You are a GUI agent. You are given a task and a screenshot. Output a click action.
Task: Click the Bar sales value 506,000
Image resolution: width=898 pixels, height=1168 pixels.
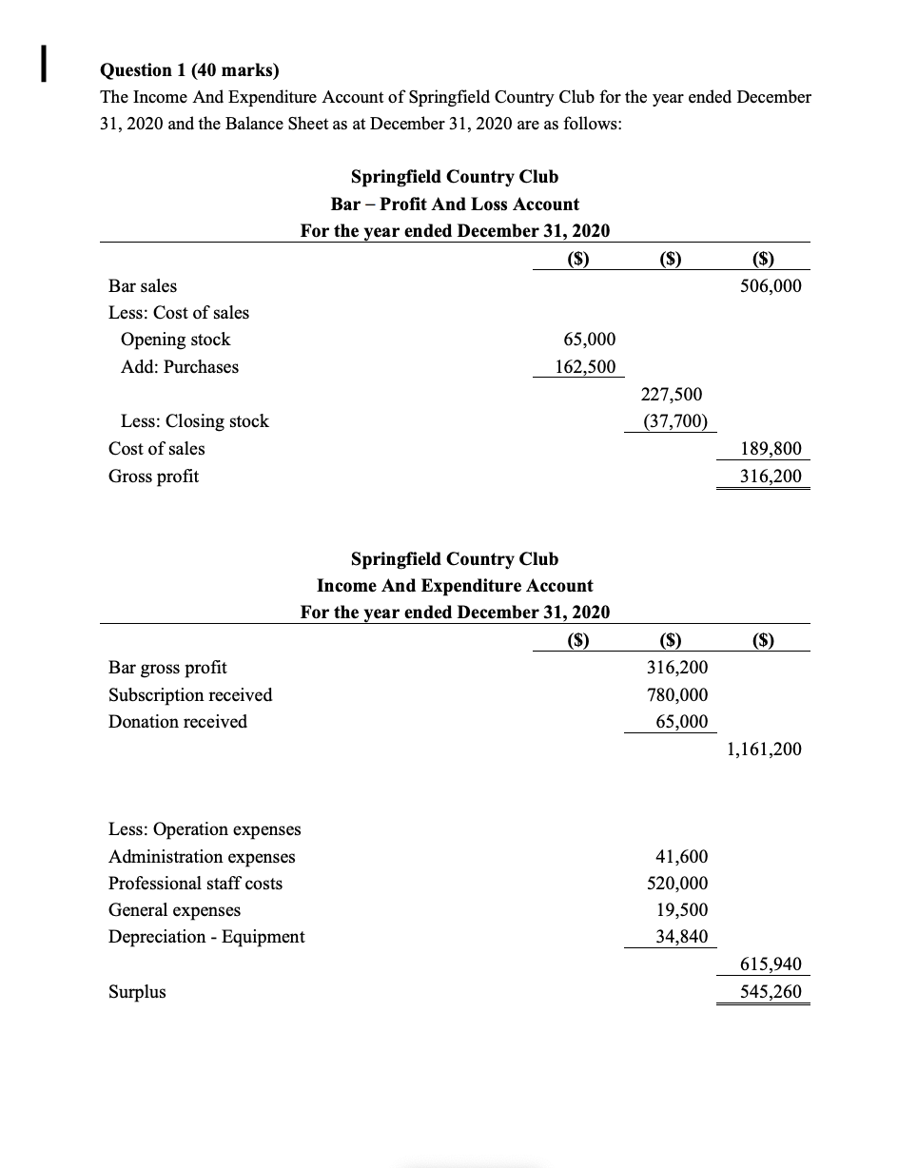pyautogui.click(x=771, y=286)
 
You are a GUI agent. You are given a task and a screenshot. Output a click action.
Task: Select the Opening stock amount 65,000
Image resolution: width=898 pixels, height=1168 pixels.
pyautogui.click(x=589, y=340)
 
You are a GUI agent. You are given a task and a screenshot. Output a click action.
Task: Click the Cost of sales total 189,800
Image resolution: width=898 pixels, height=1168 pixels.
pyautogui.click(x=771, y=449)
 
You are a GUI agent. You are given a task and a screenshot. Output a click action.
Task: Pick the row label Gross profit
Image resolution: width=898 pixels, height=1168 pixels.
pyautogui.click(x=154, y=477)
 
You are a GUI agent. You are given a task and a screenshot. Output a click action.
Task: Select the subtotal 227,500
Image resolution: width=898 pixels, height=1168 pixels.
pyautogui.click(x=674, y=394)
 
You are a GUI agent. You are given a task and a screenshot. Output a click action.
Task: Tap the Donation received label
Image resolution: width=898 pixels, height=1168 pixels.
pyautogui.click(x=178, y=722)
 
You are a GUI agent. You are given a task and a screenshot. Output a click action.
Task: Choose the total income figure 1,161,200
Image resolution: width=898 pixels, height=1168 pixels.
pyautogui.click(x=763, y=749)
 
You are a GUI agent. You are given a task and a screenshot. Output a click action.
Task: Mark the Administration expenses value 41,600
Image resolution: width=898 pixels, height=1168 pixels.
pyautogui.click(x=681, y=857)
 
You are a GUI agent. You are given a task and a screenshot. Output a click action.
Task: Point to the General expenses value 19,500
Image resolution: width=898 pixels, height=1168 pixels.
pyautogui.click(x=681, y=910)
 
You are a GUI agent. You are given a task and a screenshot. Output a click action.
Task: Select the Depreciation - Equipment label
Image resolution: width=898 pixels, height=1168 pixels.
pyautogui.click(x=206, y=937)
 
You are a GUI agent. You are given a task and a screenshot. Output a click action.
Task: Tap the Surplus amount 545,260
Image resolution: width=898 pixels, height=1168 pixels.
pyautogui.click(x=771, y=992)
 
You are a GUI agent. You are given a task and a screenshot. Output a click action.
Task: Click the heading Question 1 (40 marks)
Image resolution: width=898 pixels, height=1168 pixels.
pyautogui.click(x=190, y=70)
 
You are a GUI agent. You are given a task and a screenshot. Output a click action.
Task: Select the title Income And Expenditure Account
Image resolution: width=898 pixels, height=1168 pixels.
pyautogui.click(x=455, y=586)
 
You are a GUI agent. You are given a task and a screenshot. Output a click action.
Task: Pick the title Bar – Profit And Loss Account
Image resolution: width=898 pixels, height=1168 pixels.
pyautogui.click(x=455, y=204)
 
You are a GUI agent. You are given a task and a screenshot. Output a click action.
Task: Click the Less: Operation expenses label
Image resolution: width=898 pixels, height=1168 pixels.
pyautogui.click(x=205, y=829)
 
